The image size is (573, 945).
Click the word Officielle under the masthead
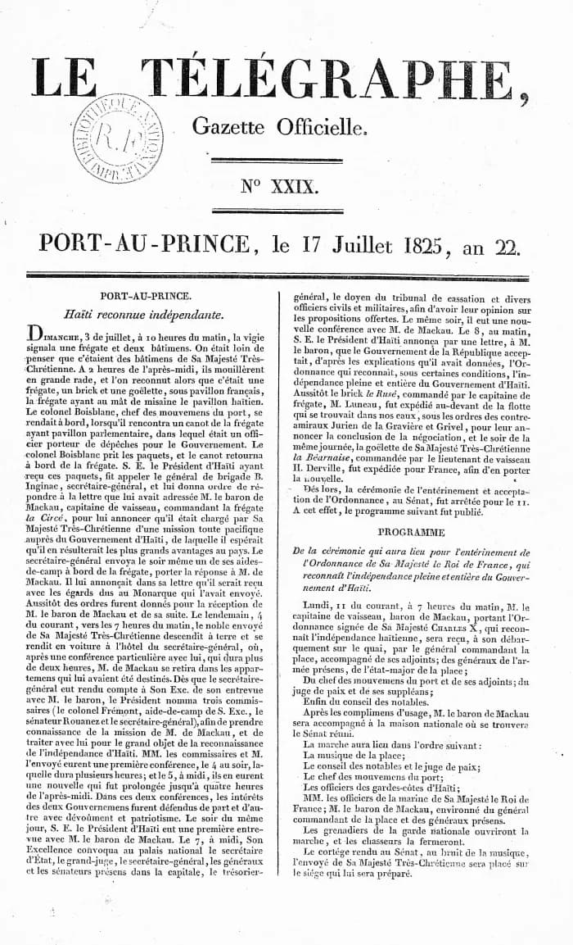pos(319,126)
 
